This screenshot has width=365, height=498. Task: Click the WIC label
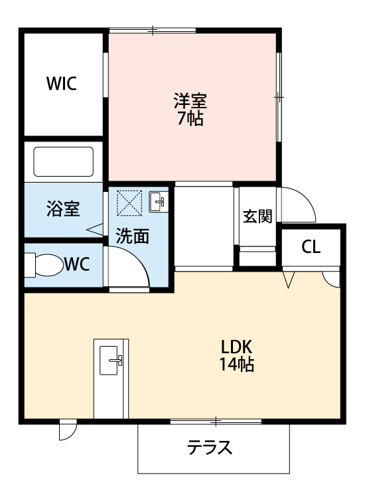pos(61,84)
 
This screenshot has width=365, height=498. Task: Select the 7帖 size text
pos(190,120)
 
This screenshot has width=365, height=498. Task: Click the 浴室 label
pos(63,208)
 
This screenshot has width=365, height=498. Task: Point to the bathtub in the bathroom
pos(64,161)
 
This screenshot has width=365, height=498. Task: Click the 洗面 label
pos(133,236)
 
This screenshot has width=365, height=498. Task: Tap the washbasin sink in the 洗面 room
pos(159,201)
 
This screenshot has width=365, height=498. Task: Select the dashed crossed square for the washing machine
pos(129,202)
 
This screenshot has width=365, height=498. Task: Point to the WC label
pos(77,264)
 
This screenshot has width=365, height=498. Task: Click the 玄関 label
pos(257,216)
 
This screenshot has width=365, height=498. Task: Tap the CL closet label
pos(311,247)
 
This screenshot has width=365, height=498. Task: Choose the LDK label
pos(237,347)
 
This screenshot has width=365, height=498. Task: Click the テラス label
pos(210,448)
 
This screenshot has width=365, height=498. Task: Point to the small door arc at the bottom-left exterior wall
pos(67,431)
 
